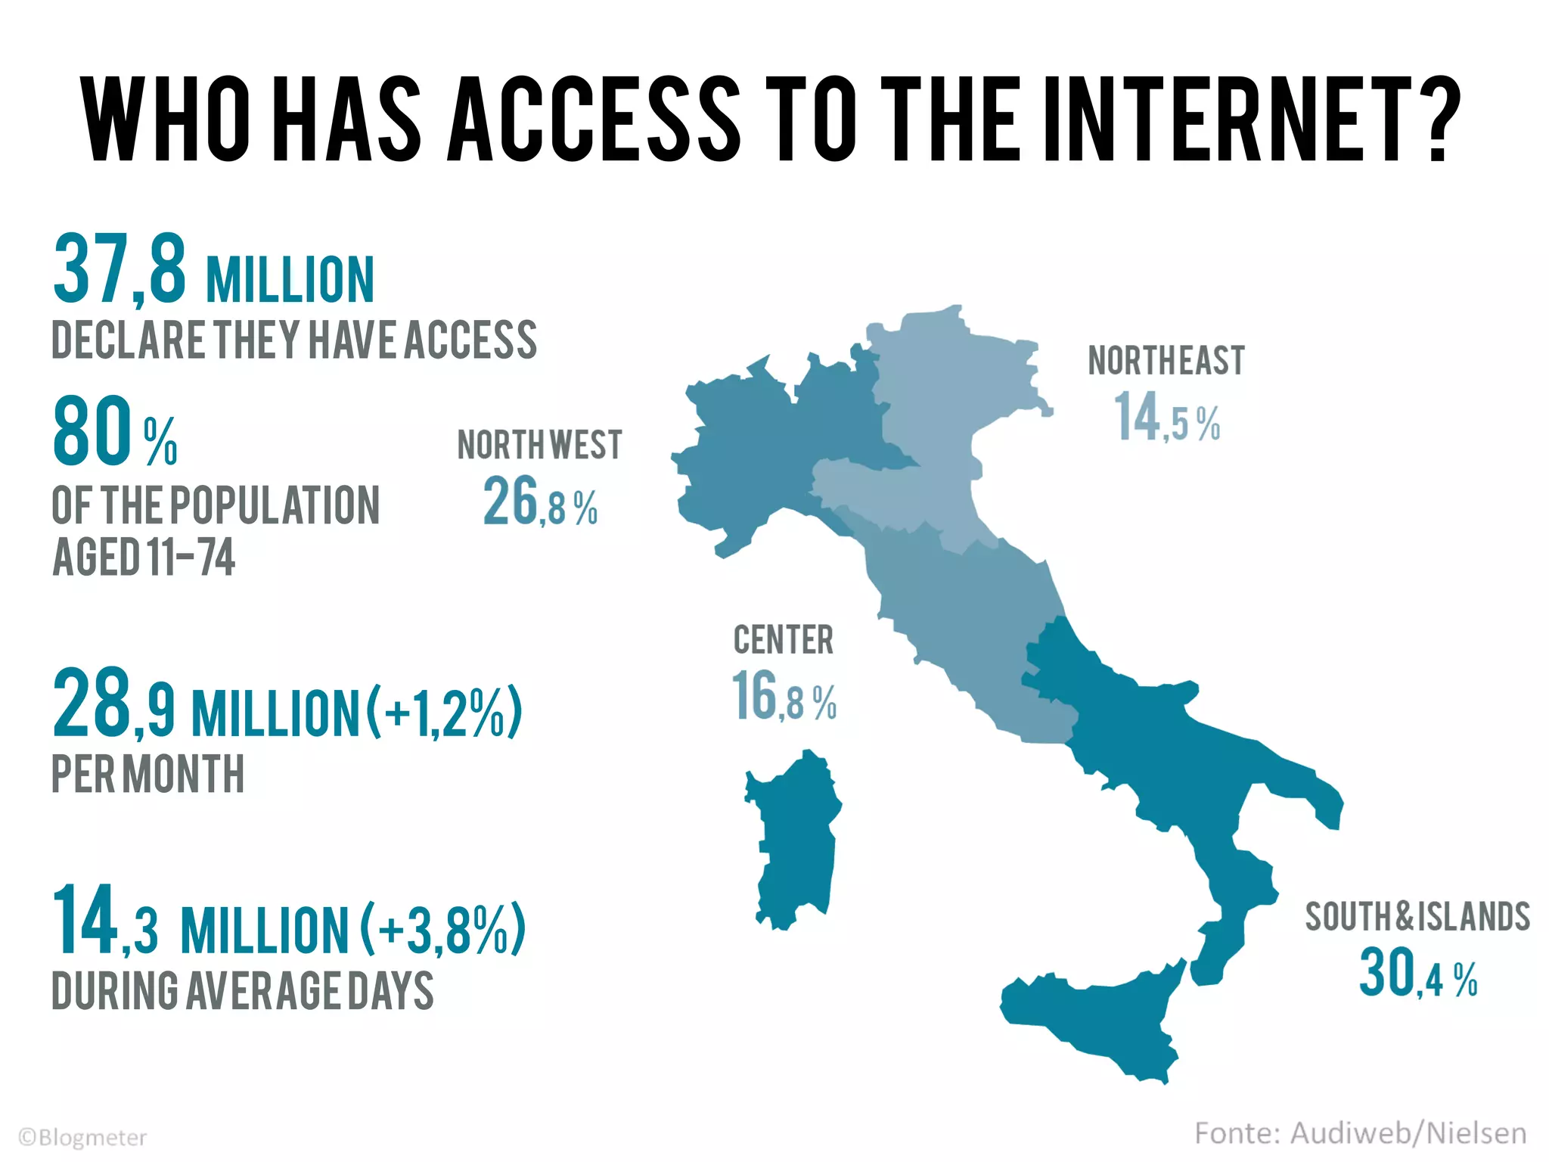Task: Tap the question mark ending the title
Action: (x=1434, y=119)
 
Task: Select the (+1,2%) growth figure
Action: (x=445, y=712)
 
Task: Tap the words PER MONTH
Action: (x=148, y=774)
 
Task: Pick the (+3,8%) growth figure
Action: (x=442, y=930)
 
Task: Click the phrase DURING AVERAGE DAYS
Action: (x=242, y=991)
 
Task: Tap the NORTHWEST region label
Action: (x=539, y=445)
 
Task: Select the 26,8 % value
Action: (x=540, y=502)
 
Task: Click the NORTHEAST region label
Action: (x=1166, y=361)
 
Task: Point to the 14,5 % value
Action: (x=1166, y=418)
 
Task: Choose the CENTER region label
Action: (x=784, y=640)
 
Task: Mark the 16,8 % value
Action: (x=784, y=698)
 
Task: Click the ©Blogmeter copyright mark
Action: (x=82, y=1138)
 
